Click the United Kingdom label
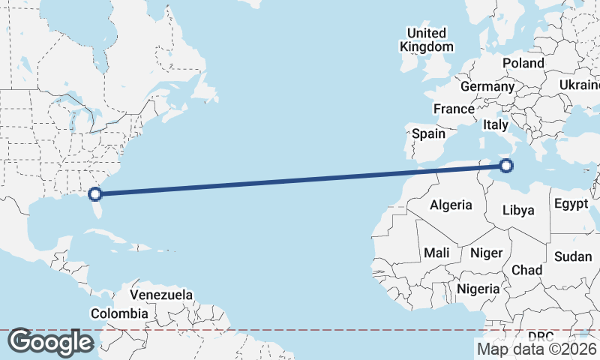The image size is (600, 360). tap(427, 40)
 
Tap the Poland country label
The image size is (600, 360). tap(523, 63)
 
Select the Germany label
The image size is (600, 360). tap(487, 86)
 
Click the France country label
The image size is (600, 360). tap(454, 109)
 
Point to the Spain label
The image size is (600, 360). tap(429, 134)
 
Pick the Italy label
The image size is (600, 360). tap(496, 124)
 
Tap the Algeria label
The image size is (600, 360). tap(451, 205)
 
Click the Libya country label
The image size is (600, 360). tap(518, 210)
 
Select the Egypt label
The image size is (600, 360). tap(571, 204)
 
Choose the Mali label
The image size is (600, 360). tap(436, 253)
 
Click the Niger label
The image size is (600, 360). tap(486, 253)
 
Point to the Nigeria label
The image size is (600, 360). tap(478, 289)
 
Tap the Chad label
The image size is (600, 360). tap(526, 270)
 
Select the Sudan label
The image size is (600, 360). tap(573, 256)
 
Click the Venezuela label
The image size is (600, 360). tap(161, 295)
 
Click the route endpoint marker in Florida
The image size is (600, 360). tap(95, 194)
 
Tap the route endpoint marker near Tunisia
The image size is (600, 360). tap(506, 166)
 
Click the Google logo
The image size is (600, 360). tap(50, 341)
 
